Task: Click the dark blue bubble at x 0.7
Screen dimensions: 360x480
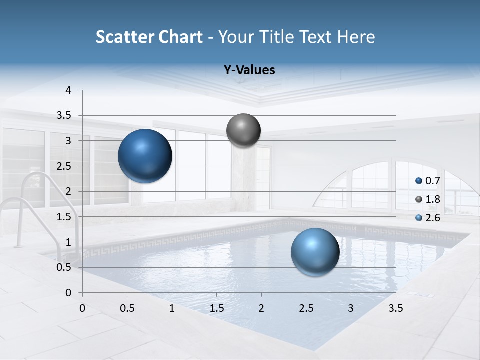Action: [145, 156]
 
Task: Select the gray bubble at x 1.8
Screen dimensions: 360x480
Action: [243, 130]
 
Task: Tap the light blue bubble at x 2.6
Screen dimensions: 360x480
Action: [315, 252]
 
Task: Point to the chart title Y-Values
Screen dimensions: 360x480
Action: [249, 70]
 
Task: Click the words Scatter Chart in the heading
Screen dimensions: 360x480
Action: [149, 37]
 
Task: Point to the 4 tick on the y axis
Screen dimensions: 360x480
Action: [68, 90]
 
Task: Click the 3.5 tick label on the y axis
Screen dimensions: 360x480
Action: [64, 116]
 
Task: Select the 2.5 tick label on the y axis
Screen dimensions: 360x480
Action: [64, 166]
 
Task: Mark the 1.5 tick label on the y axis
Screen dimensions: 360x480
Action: [64, 217]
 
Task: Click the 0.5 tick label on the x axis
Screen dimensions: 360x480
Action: [127, 308]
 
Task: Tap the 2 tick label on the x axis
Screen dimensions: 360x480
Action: [261, 308]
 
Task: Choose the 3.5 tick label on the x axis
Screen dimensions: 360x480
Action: [395, 308]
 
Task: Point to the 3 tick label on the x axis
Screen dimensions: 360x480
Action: [351, 308]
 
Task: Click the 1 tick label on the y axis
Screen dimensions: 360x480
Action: [68, 242]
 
